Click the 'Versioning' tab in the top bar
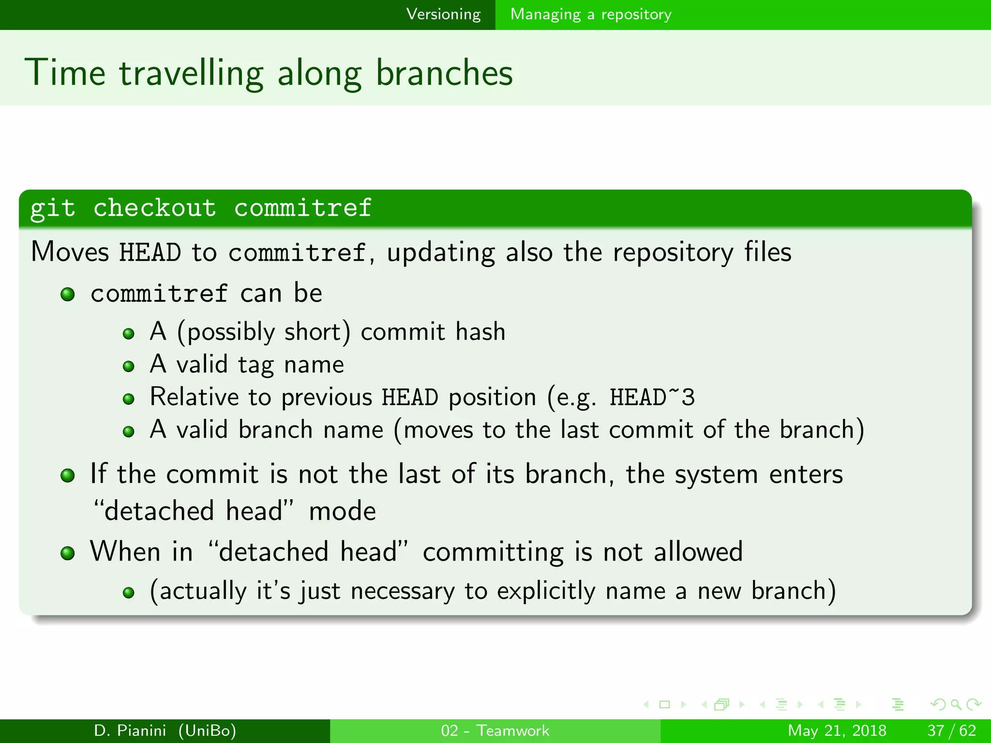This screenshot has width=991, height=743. pyautogui.click(x=443, y=15)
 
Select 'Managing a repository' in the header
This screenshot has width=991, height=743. pyautogui.click(x=591, y=15)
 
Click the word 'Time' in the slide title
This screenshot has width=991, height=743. pyautogui.click(x=65, y=73)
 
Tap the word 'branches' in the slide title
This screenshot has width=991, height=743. pyautogui.click(x=444, y=73)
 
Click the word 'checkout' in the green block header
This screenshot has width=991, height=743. pyautogui.click(x=155, y=208)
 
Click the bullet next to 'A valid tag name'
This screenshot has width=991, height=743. pyautogui.click(x=129, y=366)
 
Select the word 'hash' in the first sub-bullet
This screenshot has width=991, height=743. pyautogui.click(x=480, y=332)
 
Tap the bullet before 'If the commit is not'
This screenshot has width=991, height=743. pyautogui.click(x=68, y=476)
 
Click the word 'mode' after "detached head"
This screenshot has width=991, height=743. pyautogui.click(x=342, y=511)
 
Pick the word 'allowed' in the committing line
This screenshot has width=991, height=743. pyautogui.click(x=698, y=551)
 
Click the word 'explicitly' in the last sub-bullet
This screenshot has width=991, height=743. pyautogui.click(x=546, y=591)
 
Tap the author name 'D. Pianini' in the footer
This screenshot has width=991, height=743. pyautogui.click(x=130, y=730)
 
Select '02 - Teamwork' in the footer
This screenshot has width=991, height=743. pyautogui.click(x=495, y=730)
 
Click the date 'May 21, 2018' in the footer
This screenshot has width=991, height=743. pyautogui.click(x=837, y=730)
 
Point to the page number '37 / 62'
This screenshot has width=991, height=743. pyautogui.click(x=951, y=730)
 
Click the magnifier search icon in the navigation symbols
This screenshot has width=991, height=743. pyautogui.click(x=956, y=704)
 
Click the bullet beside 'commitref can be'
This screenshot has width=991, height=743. pyautogui.click(x=68, y=294)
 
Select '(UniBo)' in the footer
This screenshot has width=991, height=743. pyautogui.click(x=207, y=730)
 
